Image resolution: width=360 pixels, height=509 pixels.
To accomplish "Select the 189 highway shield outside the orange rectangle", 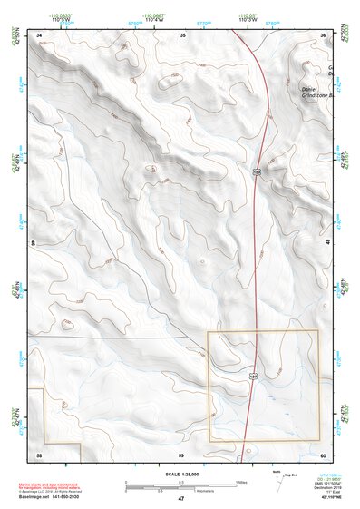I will point(257,171).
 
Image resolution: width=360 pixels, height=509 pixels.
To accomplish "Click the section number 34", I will point(40,34).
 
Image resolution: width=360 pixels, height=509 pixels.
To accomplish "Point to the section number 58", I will point(39,453).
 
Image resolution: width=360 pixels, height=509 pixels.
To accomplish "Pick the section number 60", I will point(324,453).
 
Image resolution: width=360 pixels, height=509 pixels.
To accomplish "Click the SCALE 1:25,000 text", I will point(180,473).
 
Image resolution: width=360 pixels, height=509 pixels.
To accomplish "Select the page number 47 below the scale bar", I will point(180,500).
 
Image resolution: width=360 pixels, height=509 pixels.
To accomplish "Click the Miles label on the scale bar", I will point(240,482).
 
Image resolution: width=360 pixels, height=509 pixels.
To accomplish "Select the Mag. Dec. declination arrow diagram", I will point(277,482).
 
